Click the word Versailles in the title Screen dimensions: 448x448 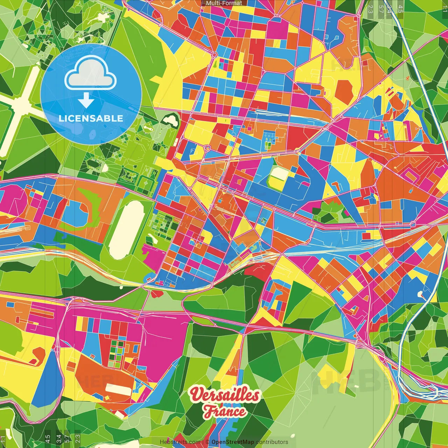click(225, 395)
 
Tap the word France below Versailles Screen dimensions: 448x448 click(225, 411)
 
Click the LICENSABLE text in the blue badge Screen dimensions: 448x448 click(91, 118)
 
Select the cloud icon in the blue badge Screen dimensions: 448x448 click(91, 73)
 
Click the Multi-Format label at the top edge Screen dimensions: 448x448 click(224, 3)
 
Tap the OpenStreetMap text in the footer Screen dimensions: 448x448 click(232, 442)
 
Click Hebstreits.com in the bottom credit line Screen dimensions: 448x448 click(180, 442)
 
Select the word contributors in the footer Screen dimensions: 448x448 click(272, 442)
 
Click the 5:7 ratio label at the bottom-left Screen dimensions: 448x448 click(67, 438)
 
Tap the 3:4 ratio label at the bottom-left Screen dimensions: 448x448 click(59, 438)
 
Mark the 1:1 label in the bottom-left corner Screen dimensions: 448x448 click(3, 439)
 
